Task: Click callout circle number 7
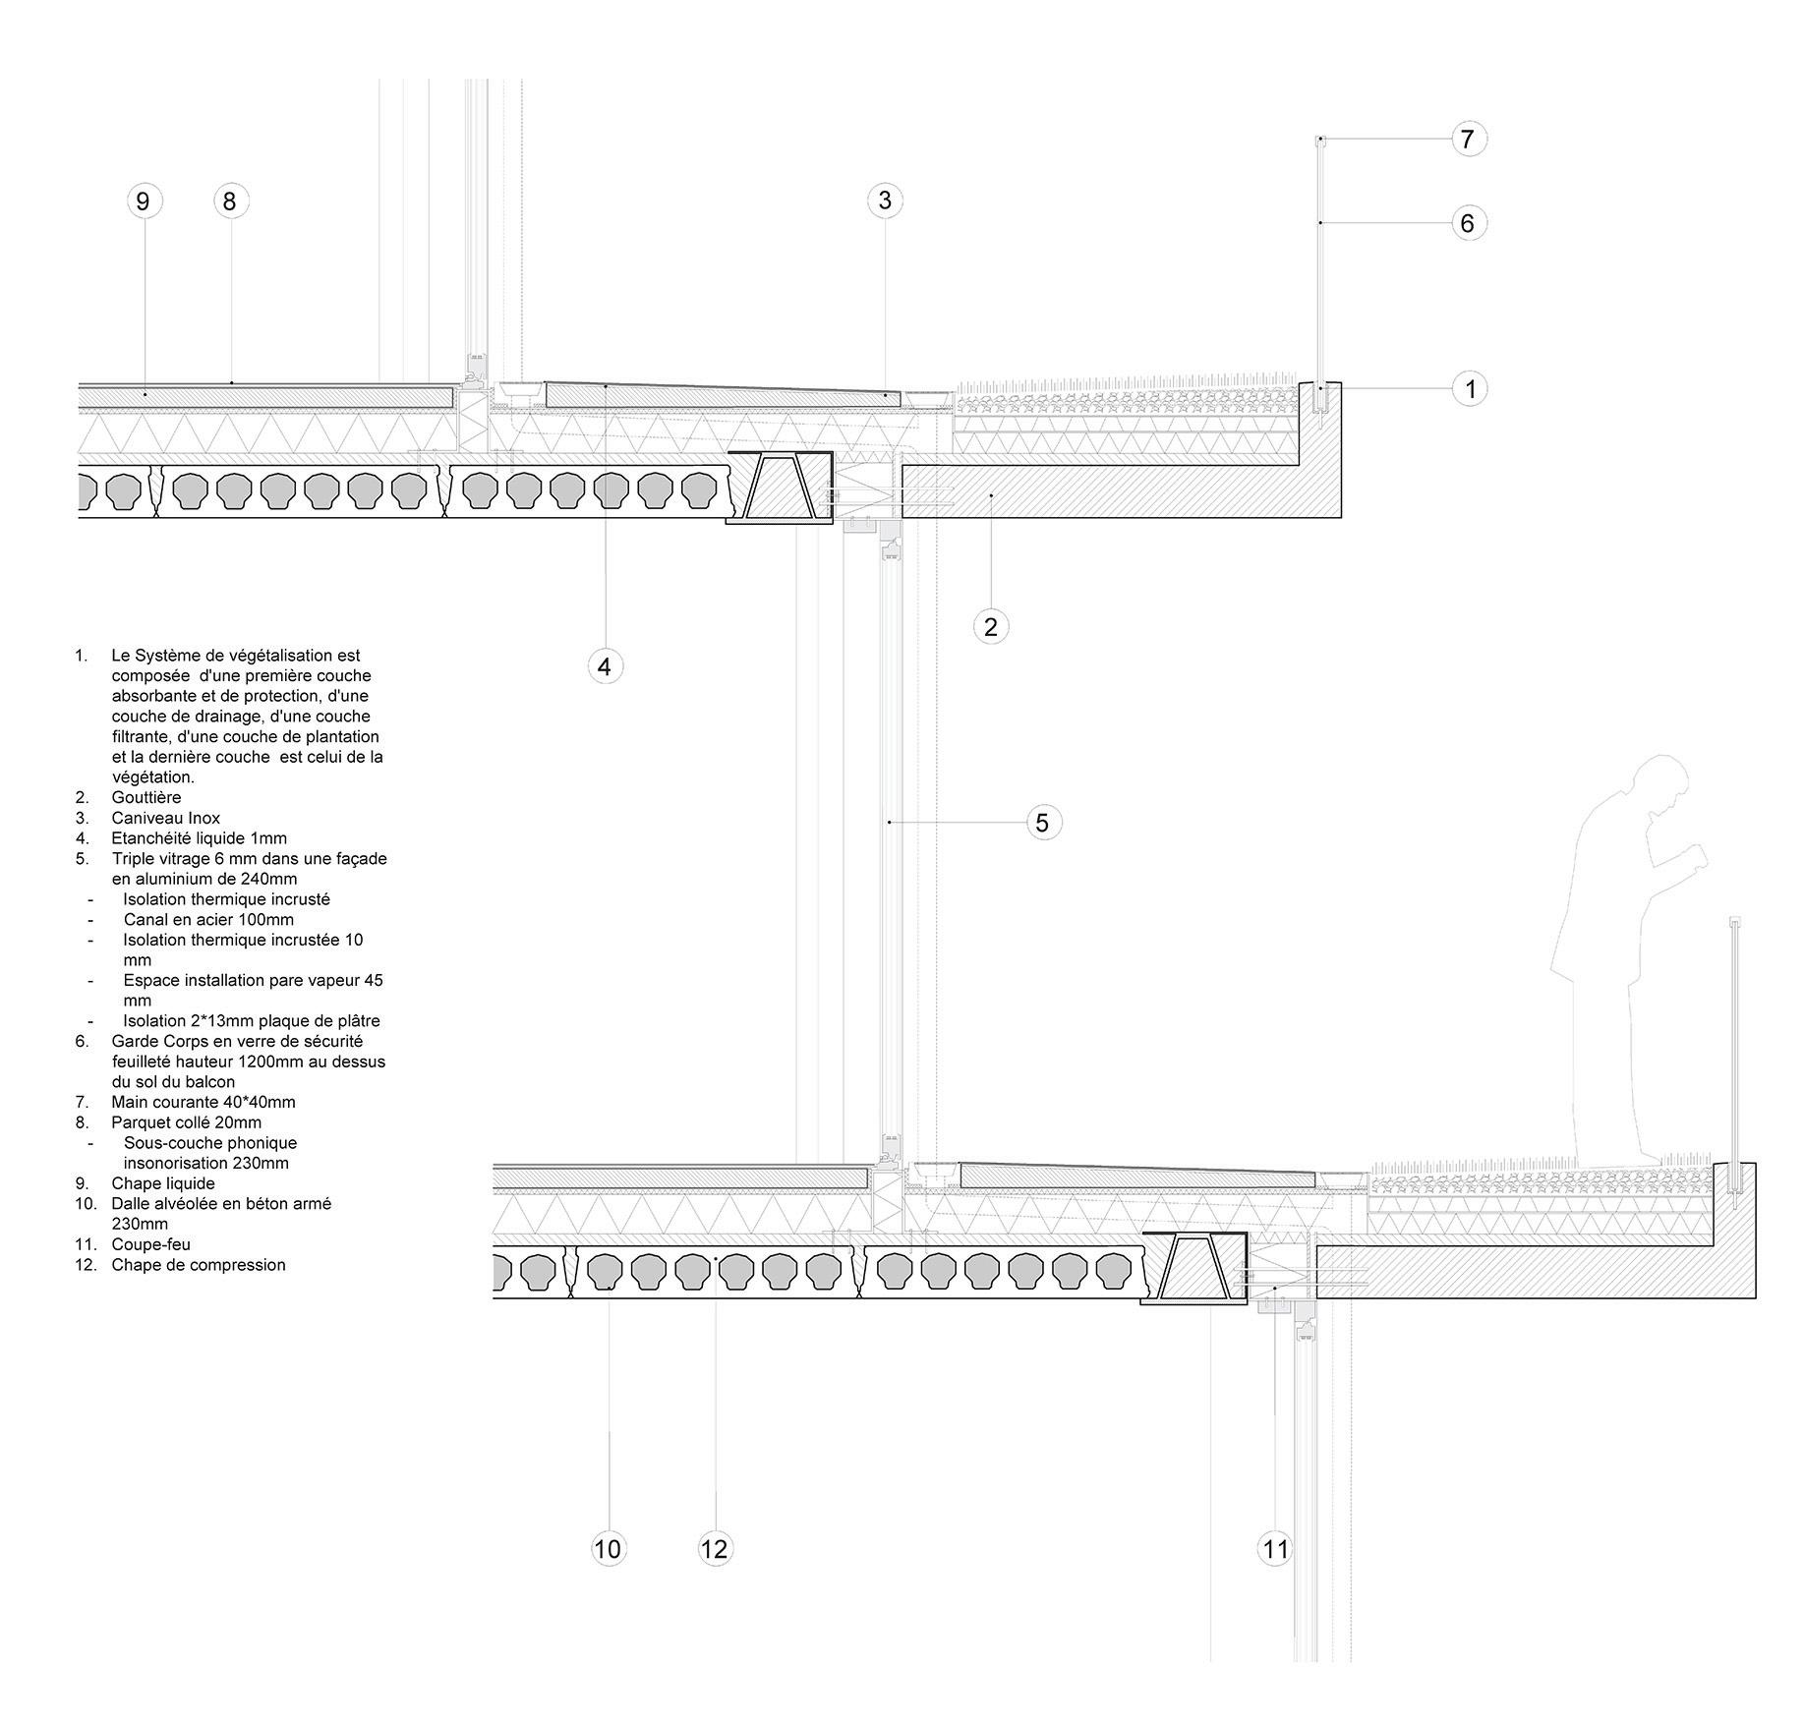[1468, 140]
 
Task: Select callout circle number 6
[1468, 223]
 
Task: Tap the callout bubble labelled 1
[1470, 389]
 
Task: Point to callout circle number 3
[885, 201]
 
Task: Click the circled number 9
[144, 201]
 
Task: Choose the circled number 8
[230, 201]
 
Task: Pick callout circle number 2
[991, 626]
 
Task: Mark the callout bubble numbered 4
[605, 666]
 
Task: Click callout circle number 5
[1043, 822]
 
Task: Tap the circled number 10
[609, 1549]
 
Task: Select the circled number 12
[715, 1549]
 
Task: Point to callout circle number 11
[1275, 1549]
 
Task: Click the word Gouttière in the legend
[146, 797]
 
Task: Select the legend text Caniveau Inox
[165, 818]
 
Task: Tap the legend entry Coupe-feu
[150, 1244]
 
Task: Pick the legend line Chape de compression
[198, 1265]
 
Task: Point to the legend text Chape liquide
[162, 1183]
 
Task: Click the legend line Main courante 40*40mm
[203, 1102]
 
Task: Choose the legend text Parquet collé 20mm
[186, 1122]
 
